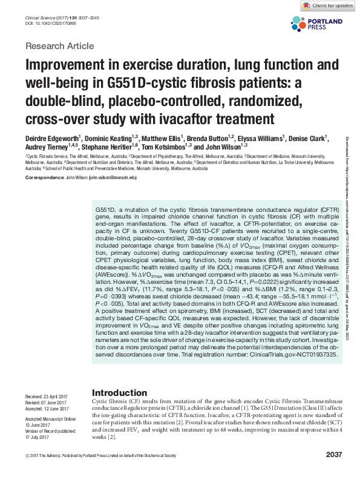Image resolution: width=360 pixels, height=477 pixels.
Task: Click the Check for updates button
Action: pos(328,6)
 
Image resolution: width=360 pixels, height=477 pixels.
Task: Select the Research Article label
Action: pos(59,46)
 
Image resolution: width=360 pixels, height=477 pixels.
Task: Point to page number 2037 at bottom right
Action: pos(334,455)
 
